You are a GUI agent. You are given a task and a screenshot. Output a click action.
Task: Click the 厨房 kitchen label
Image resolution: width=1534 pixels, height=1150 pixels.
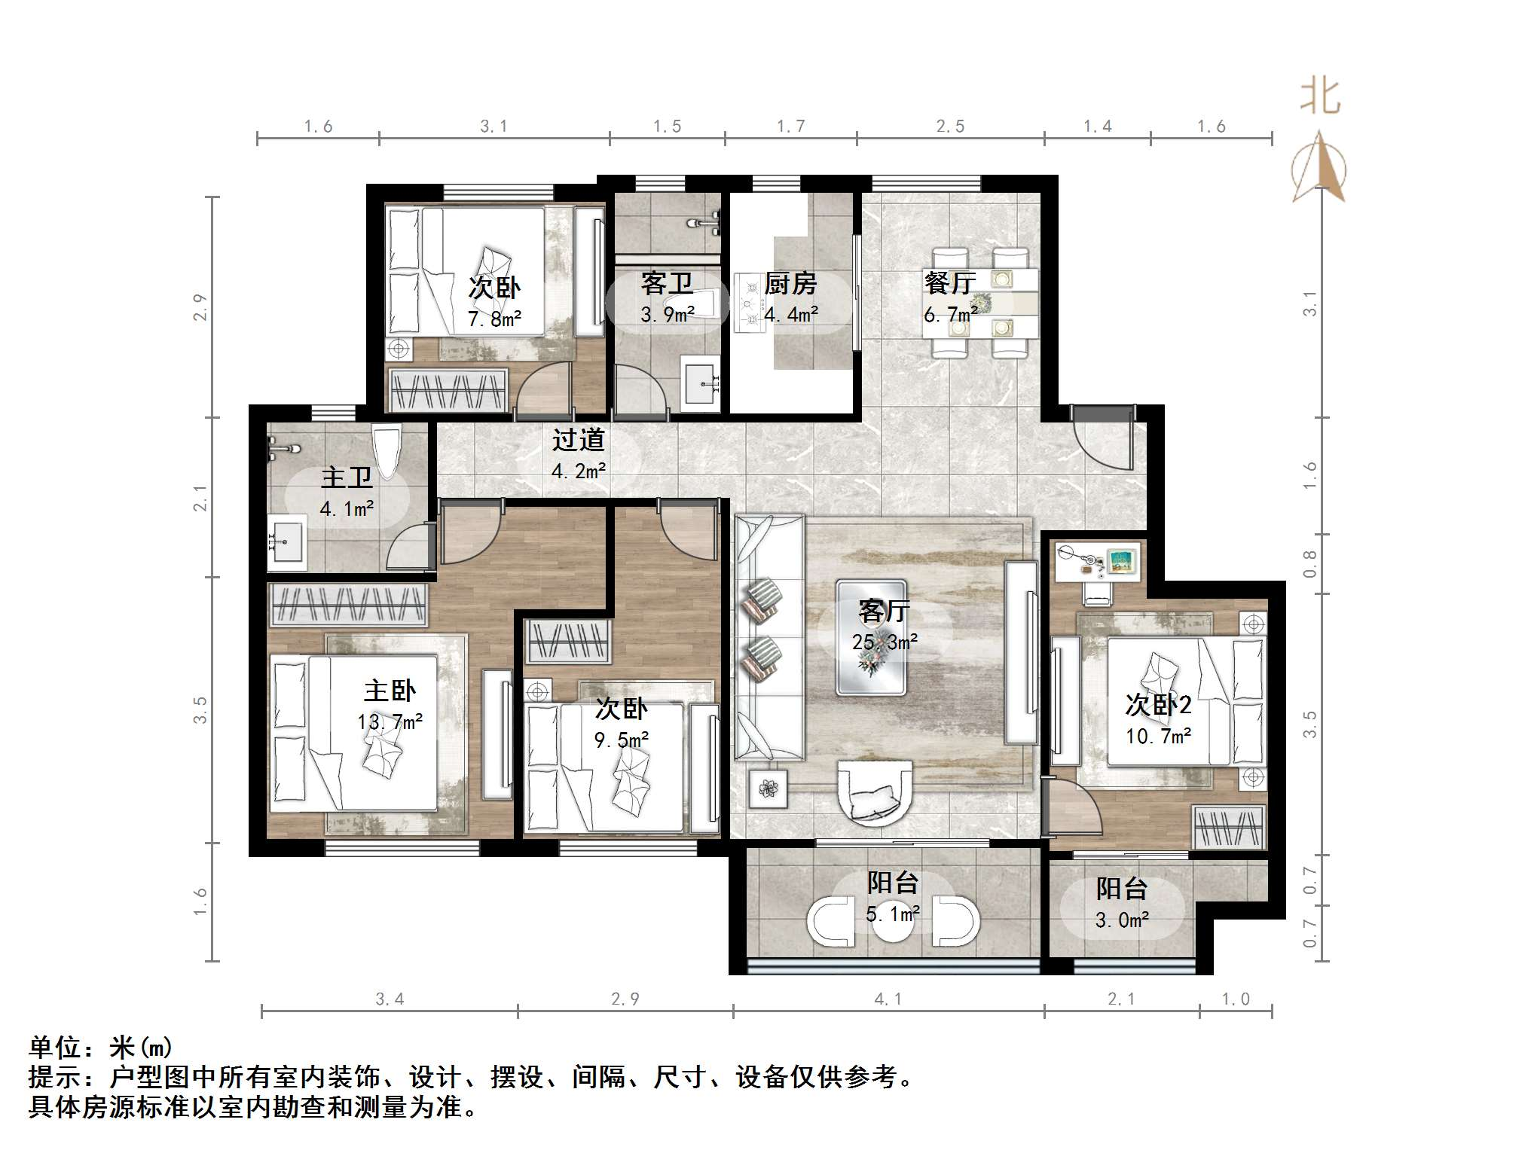click(x=790, y=284)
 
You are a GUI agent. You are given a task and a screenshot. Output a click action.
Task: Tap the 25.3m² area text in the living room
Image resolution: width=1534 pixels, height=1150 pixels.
click(x=885, y=642)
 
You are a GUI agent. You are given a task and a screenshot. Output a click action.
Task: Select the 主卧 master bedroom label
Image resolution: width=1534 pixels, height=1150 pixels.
click(x=390, y=691)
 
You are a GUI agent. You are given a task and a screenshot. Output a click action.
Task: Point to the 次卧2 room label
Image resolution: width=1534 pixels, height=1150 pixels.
click(x=1158, y=705)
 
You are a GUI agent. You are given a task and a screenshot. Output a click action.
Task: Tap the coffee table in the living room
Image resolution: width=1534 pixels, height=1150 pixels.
click(x=871, y=637)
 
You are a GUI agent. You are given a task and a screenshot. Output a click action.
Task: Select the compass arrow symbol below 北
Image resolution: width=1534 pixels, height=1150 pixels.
click(x=1319, y=167)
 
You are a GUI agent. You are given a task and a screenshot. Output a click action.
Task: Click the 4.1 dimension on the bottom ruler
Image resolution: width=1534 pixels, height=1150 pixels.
click(x=888, y=999)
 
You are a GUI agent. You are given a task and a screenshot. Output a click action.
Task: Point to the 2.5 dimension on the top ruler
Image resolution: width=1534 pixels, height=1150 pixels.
click(x=950, y=127)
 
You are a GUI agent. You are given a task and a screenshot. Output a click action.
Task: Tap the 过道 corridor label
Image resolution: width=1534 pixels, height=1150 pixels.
click(x=578, y=440)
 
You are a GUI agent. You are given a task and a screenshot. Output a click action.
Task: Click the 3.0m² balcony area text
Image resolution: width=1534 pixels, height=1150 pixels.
click(x=1122, y=920)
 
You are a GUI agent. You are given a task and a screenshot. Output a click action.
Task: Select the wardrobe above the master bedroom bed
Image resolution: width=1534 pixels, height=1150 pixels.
click(x=347, y=605)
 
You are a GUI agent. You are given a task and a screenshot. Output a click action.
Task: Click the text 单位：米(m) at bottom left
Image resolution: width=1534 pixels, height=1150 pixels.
click(x=101, y=1048)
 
